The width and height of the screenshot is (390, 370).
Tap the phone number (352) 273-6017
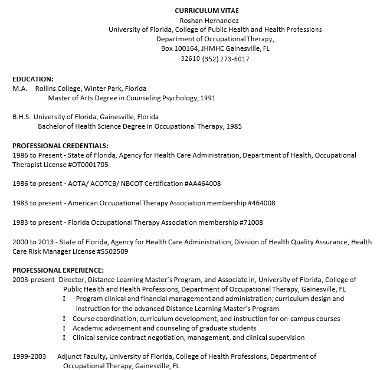(x=225, y=59)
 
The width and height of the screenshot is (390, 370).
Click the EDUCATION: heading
(x=33, y=78)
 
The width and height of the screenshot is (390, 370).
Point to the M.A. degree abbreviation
(x=20, y=89)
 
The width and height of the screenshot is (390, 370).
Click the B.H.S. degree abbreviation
(x=22, y=117)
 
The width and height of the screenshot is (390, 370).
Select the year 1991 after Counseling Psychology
(x=207, y=98)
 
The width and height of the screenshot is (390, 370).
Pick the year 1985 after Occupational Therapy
(x=233, y=126)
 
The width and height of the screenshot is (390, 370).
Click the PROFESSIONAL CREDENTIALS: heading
(x=60, y=146)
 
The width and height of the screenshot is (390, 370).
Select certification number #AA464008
(x=202, y=184)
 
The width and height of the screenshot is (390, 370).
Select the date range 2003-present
(x=34, y=280)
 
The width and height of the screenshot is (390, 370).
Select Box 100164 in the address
(x=180, y=49)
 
